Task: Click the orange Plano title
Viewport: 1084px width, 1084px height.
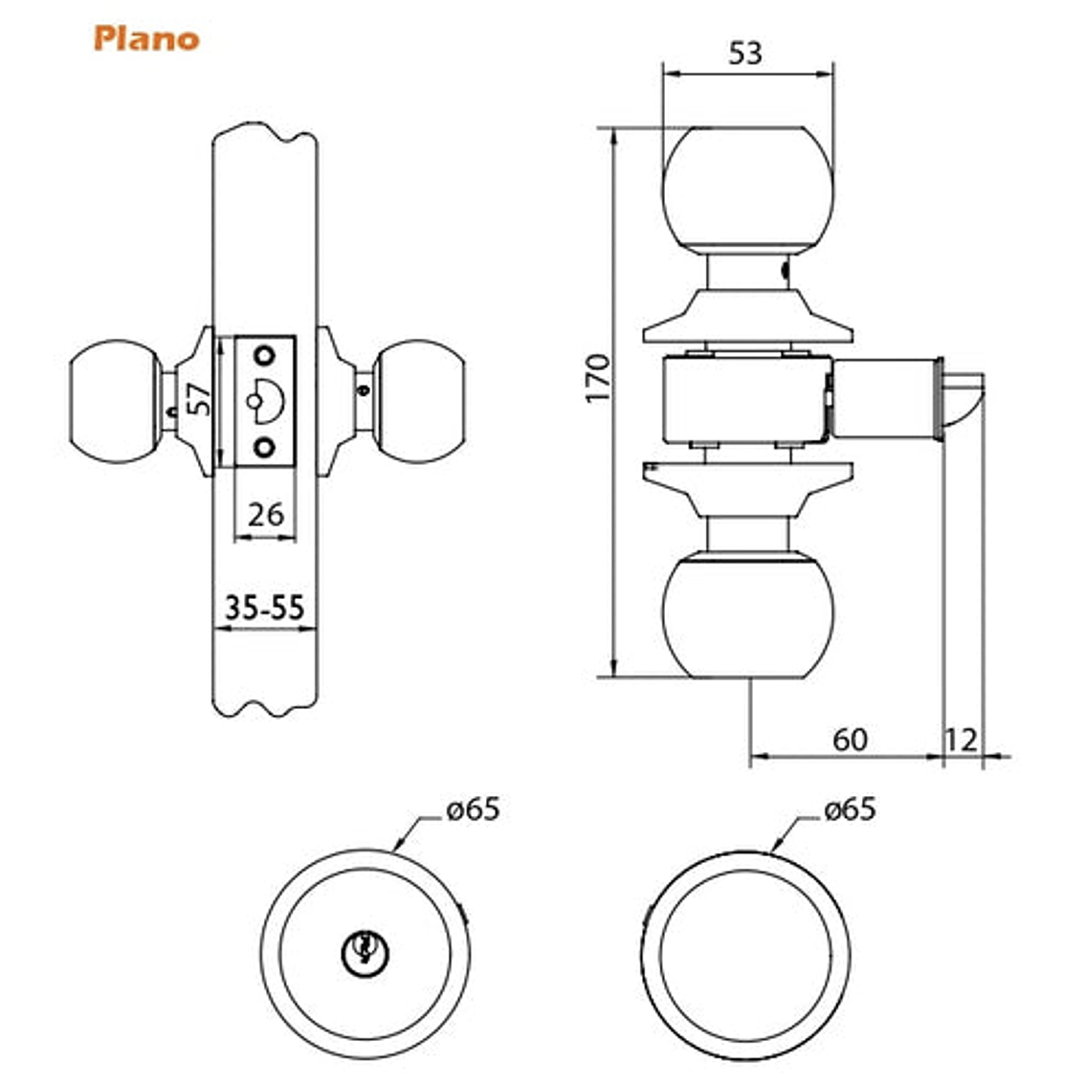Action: pos(146,39)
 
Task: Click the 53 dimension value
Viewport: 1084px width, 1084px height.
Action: pos(745,53)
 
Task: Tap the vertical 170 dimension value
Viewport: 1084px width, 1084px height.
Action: pos(597,378)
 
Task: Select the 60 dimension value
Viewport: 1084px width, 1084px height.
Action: pos(850,740)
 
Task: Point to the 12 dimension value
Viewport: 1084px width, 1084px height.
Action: pos(962,740)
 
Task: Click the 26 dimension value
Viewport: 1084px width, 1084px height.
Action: pos(265,515)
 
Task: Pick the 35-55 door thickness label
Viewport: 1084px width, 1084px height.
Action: pos(264,607)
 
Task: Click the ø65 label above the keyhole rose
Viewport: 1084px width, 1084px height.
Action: pos(473,809)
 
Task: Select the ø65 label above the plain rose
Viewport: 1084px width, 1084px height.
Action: pos(849,809)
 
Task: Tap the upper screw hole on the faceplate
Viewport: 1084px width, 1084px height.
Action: pos(263,356)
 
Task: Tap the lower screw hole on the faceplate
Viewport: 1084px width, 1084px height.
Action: pos(263,446)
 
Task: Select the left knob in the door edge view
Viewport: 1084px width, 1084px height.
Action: pos(112,401)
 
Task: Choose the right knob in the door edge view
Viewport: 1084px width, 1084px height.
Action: pos(418,401)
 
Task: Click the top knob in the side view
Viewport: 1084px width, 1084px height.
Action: pos(747,187)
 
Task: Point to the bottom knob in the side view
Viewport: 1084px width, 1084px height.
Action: pos(747,618)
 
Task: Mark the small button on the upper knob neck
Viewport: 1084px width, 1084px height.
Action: pos(785,273)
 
